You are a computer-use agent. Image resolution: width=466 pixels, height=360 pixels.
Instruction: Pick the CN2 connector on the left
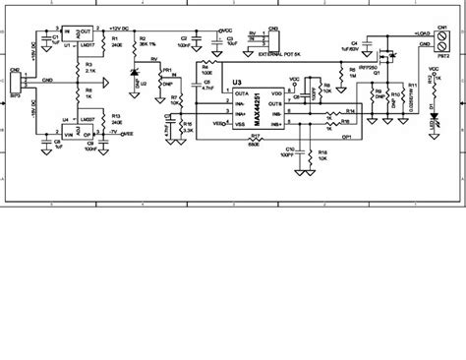[x=15, y=82]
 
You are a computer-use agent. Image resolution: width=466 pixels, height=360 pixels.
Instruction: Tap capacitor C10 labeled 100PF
[x=288, y=153]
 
